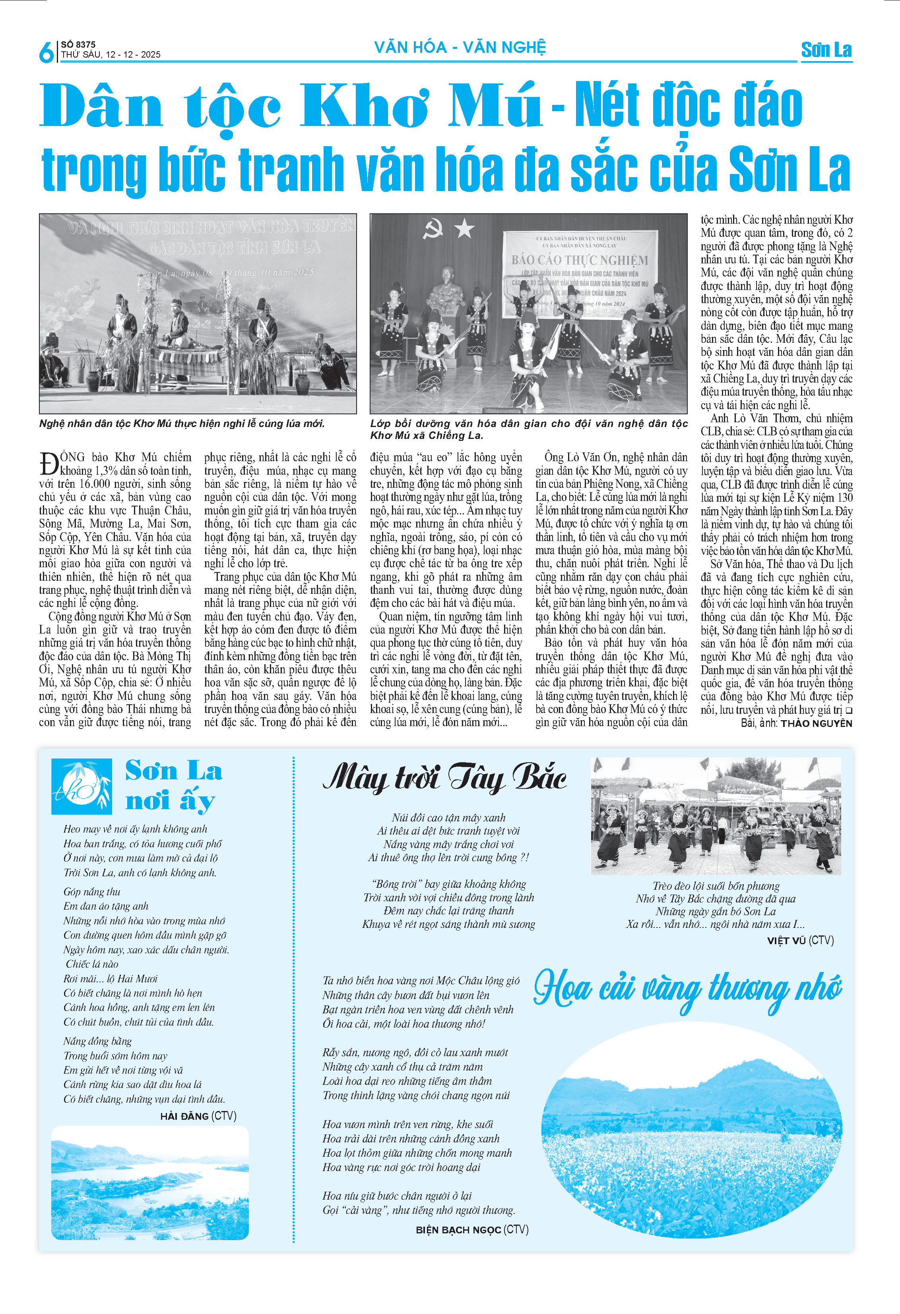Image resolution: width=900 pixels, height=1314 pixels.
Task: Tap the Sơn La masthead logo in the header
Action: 826,50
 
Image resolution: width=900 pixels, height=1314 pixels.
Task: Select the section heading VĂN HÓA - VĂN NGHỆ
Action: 460,48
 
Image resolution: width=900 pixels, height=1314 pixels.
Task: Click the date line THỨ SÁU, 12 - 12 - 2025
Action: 111,55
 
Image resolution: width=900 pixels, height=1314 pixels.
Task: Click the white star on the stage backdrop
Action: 464,229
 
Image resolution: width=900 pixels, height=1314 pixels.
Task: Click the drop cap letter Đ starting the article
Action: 48,463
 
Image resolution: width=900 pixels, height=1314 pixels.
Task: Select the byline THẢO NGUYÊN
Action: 816,723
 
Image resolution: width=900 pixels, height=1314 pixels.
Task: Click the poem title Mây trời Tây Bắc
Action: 444,777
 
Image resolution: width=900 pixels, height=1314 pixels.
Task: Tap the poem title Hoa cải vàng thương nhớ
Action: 687,989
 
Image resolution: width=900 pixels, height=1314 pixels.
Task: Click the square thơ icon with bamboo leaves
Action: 81,786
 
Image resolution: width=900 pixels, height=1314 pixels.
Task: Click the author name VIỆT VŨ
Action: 786,940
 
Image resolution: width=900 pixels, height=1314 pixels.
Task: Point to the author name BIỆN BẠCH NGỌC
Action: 458,1230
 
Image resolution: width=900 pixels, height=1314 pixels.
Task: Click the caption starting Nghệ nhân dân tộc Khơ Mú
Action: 182,423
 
